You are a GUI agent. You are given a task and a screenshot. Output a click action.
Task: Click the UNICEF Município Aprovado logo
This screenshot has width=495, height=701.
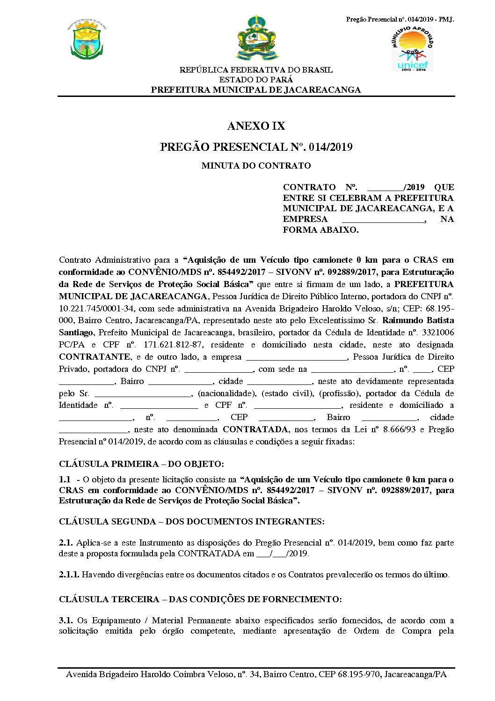point(412,48)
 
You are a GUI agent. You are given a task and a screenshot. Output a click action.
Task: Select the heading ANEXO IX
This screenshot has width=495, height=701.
point(256,126)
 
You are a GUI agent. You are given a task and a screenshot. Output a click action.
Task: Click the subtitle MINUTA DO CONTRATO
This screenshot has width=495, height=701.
point(256,165)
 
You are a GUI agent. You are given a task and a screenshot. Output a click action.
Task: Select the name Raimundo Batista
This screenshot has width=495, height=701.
point(418,320)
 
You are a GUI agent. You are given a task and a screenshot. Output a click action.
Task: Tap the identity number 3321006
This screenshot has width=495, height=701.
point(437,332)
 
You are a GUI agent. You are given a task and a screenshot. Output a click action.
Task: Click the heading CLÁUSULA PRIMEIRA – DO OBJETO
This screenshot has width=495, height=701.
point(141,464)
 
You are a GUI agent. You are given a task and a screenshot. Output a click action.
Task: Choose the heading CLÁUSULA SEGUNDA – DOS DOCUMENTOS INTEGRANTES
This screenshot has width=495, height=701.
point(191,522)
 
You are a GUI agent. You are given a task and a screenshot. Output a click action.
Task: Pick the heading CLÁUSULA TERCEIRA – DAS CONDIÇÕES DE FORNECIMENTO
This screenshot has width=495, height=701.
point(200,599)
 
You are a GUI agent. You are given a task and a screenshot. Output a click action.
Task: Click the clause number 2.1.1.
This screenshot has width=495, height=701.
point(69,575)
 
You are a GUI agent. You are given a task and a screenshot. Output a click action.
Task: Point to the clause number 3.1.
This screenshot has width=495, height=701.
point(66,620)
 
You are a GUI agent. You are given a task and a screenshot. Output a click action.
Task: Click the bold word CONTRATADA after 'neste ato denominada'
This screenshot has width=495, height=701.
point(255,429)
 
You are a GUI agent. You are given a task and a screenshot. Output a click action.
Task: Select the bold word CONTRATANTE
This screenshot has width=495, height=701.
point(95,357)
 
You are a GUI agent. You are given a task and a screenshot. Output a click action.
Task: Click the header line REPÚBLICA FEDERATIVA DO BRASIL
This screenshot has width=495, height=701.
point(256,70)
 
